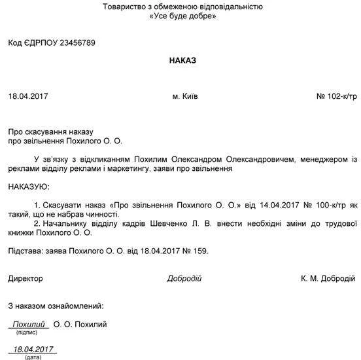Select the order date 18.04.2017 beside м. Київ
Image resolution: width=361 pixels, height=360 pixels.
pos(28,96)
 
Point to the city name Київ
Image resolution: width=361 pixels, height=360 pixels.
pos(190,96)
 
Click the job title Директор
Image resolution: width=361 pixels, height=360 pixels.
pos(26,278)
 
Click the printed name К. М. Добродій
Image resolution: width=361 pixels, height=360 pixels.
pos(330,278)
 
